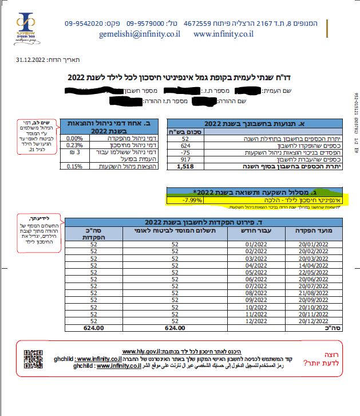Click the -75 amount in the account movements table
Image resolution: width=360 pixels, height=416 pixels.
(x=184, y=153)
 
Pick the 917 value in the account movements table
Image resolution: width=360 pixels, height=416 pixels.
(x=184, y=159)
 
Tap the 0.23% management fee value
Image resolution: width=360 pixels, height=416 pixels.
(x=75, y=145)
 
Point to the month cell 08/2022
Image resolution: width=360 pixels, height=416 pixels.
(x=240, y=291)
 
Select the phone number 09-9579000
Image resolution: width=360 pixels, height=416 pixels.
(x=146, y=24)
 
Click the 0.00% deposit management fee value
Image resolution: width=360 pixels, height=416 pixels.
(x=75, y=138)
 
